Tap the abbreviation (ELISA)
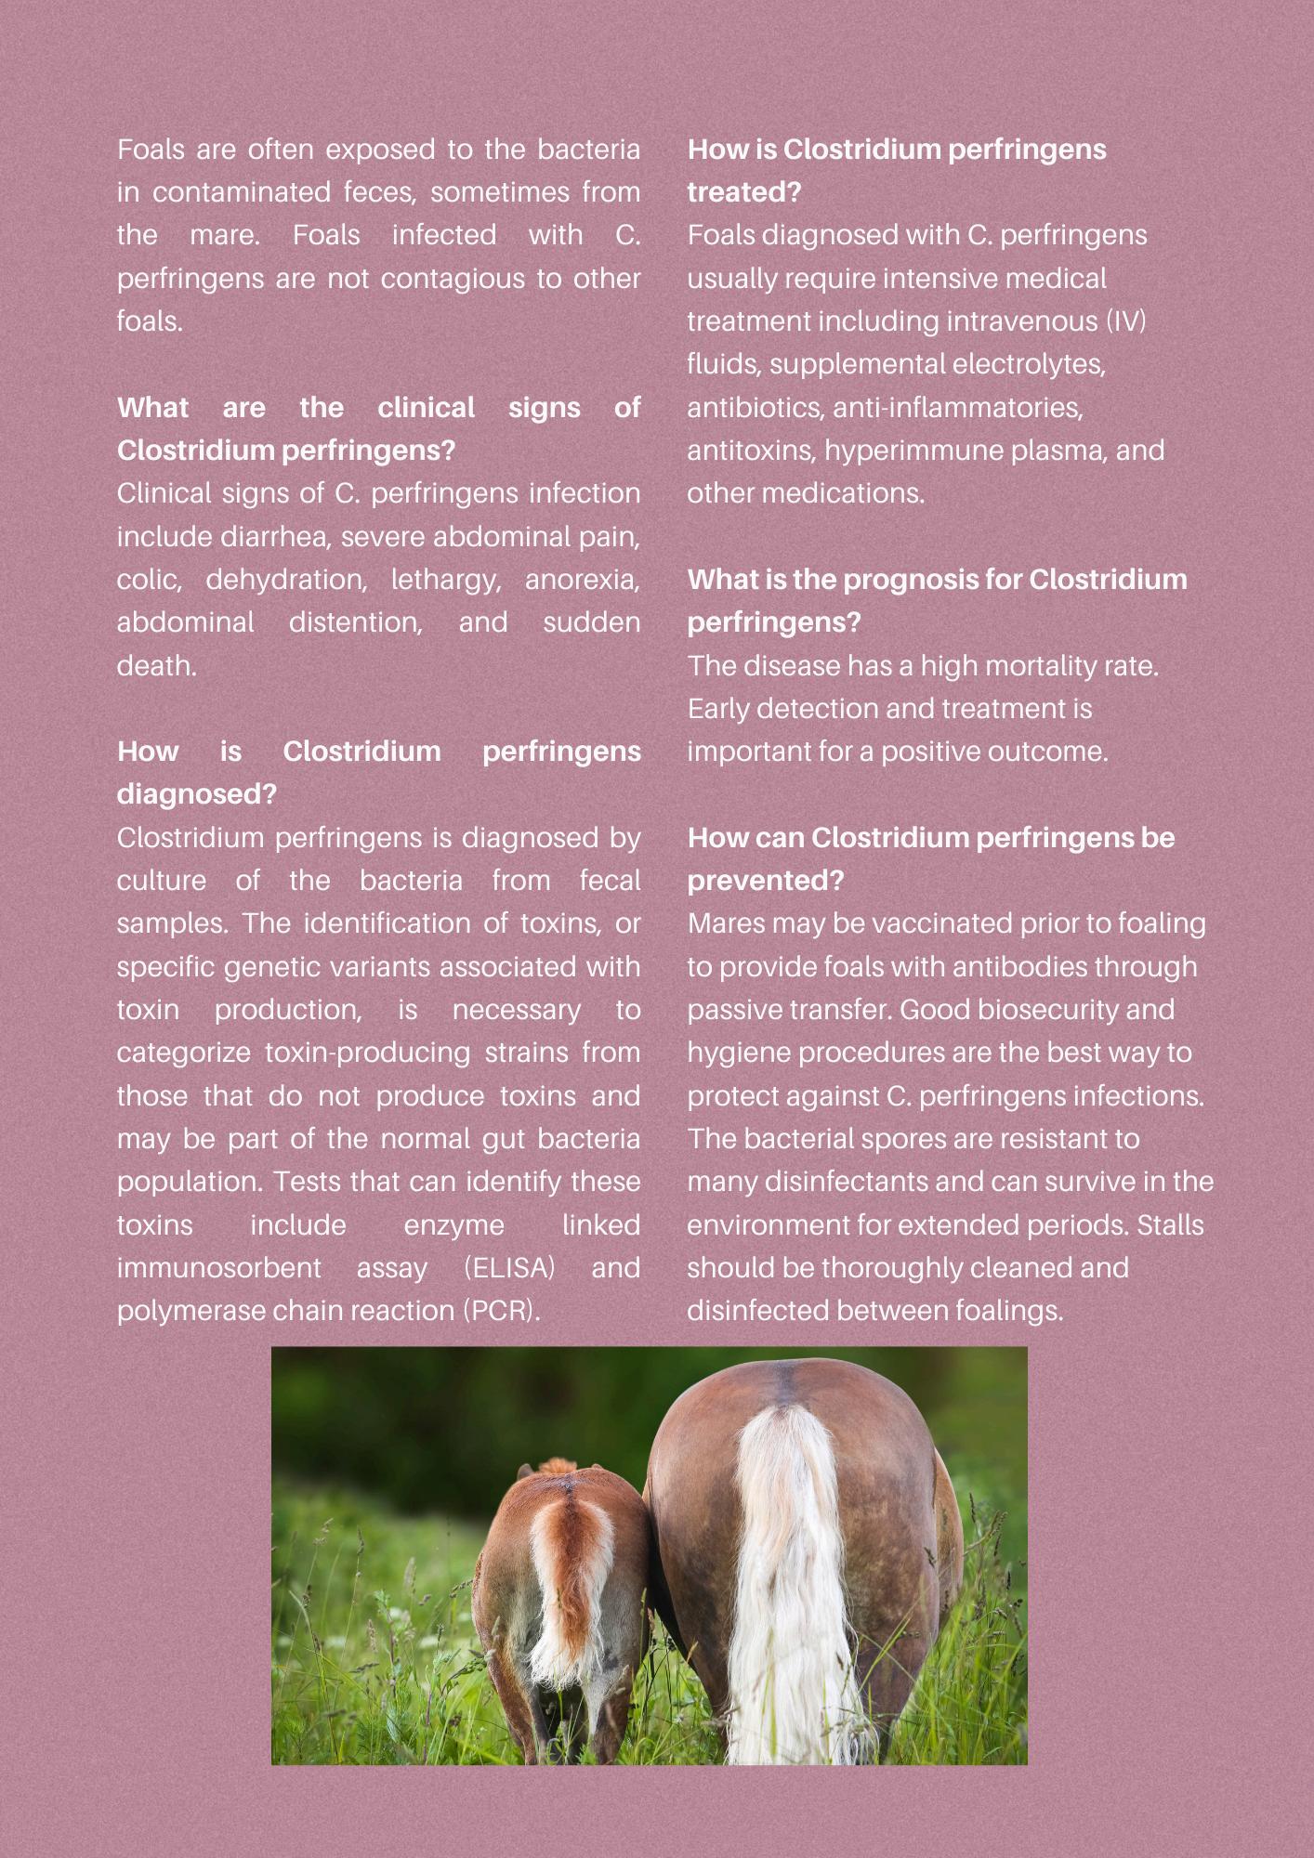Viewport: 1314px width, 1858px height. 509,1267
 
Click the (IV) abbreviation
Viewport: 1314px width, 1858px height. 1127,321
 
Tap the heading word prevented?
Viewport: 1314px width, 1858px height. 766,880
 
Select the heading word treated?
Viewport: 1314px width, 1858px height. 743,192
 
